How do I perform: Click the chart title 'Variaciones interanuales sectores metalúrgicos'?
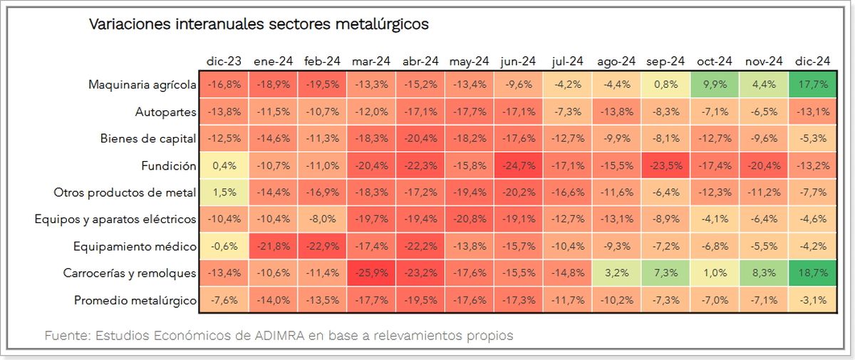click(x=258, y=24)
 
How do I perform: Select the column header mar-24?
click(x=370, y=61)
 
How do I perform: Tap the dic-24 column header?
click(x=812, y=61)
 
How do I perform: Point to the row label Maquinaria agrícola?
click(x=142, y=85)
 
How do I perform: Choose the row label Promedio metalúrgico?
click(x=135, y=301)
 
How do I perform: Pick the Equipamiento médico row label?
click(x=135, y=247)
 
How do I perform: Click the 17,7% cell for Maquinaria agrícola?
click(x=812, y=85)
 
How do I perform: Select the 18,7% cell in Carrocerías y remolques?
click(x=812, y=274)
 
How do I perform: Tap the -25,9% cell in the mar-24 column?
click(x=370, y=274)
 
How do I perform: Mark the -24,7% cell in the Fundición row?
click(x=518, y=166)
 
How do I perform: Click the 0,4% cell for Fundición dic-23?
click(x=224, y=166)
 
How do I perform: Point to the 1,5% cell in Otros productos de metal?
click(x=224, y=193)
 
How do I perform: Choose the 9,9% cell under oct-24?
click(x=715, y=85)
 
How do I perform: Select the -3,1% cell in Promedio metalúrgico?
click(x=812, y=301)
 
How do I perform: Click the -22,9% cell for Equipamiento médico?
click(x=321, y=247)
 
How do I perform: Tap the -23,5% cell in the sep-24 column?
click(x=665, y=166)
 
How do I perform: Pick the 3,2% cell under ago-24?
click(x=616, y=274)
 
